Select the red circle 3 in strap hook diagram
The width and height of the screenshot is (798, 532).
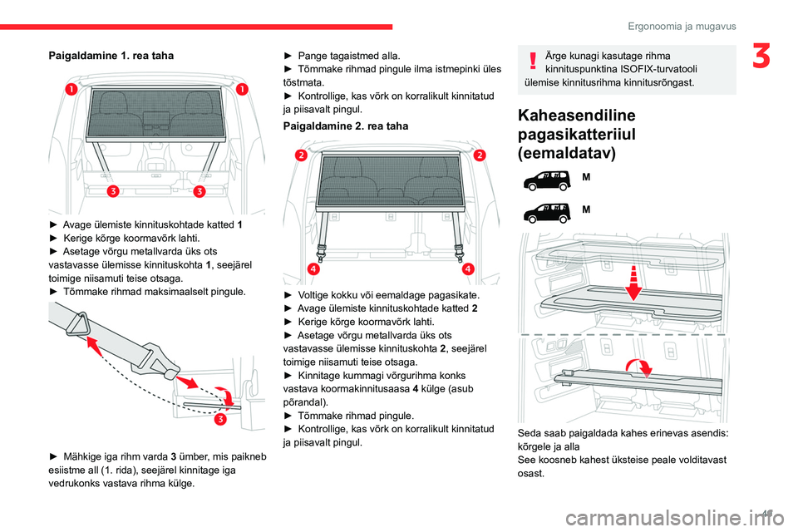click(x=222, y=418)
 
